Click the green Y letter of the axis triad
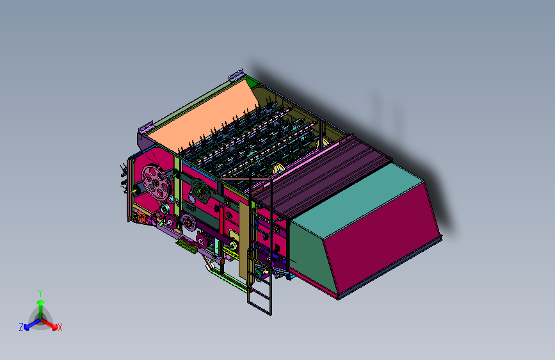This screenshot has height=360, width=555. pos(40,293)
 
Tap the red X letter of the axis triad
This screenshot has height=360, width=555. pos(60,327)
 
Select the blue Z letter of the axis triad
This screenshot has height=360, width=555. pos(21,327)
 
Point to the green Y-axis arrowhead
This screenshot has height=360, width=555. pos(41,303)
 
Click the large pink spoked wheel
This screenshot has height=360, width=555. pos(156,183)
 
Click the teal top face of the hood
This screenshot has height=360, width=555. pos(357,199)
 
